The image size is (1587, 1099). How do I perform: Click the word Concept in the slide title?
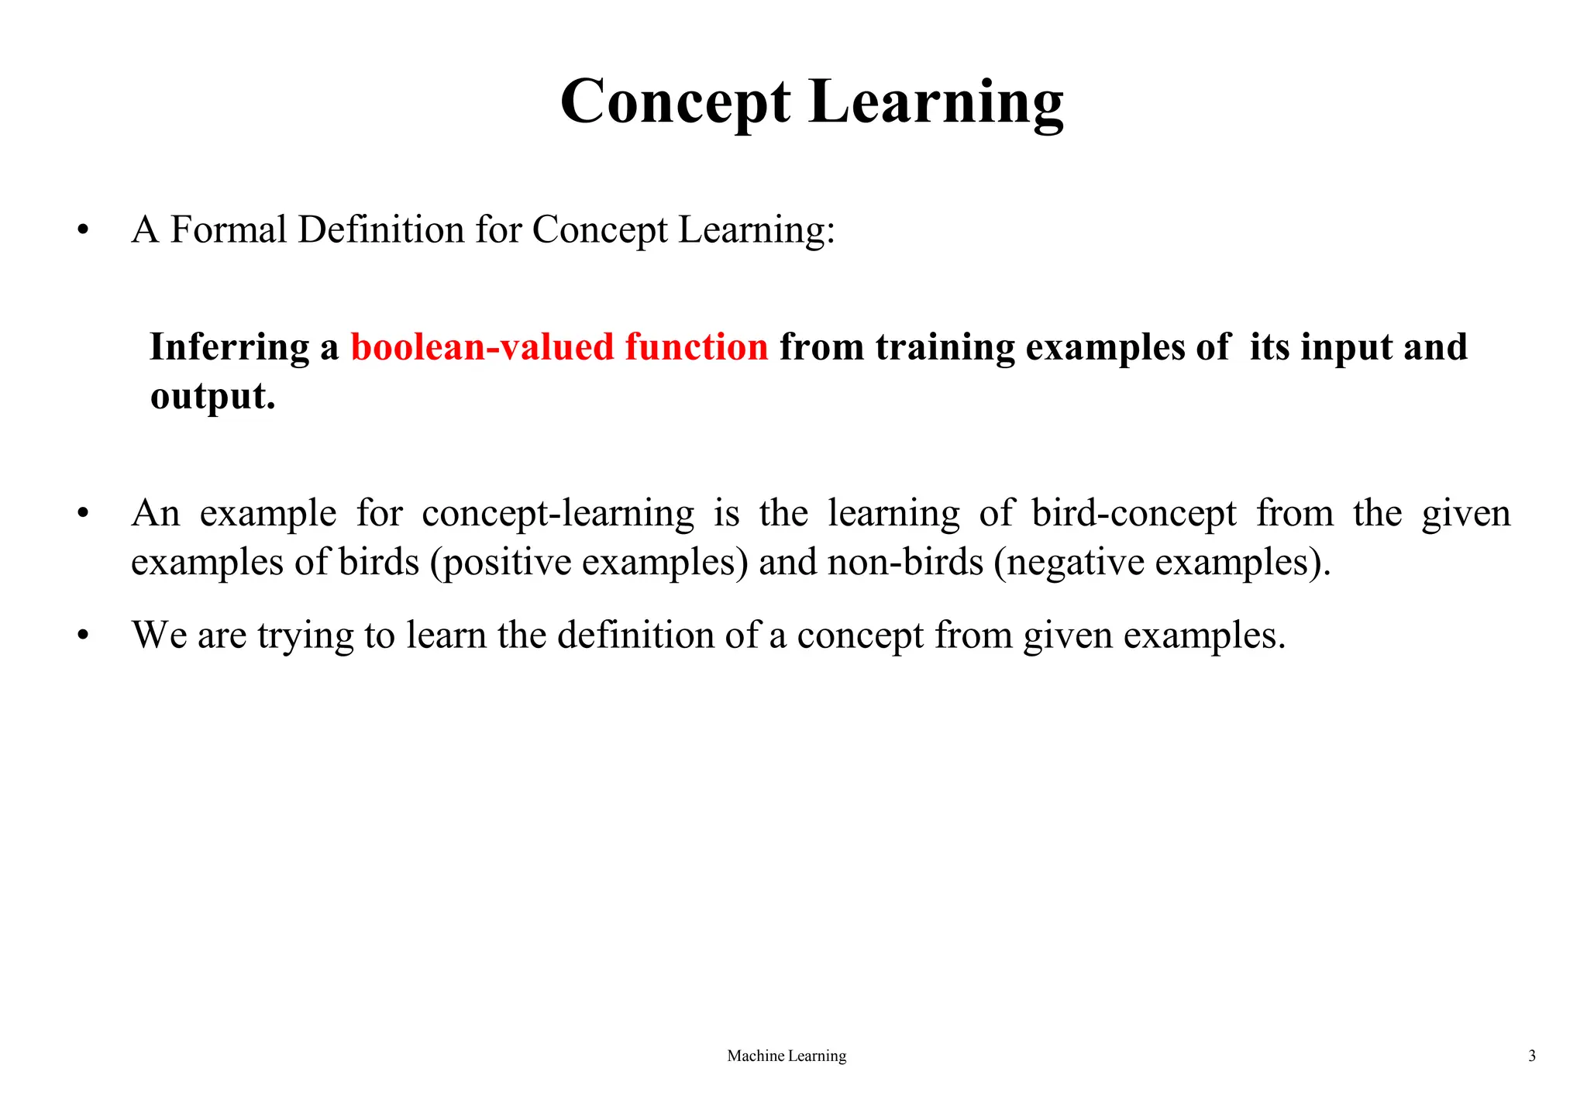(x=675, y=102)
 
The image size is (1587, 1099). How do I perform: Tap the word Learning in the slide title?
(x=936, y=102)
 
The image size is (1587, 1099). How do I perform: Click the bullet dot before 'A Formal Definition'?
(x=83, y=230)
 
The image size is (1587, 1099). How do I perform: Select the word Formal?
(x=229, y=229)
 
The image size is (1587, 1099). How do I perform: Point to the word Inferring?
(x=229, y=347)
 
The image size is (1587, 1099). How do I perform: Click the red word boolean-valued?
(x=483, y=346)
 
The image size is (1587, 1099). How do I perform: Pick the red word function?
(x=696, y=346)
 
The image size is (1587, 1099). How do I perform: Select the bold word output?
(x=212, y=397)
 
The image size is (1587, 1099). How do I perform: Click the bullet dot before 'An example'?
(x=83, y=514)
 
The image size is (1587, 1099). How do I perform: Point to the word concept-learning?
(x=558, y=514)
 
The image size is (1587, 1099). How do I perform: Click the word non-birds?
(x=905, y=562)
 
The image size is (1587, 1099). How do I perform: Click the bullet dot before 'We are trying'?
(x=83, y=636)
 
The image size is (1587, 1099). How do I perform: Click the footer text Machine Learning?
(x=787, y=1056)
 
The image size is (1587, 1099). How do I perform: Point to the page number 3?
(x=1532, y=1056)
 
